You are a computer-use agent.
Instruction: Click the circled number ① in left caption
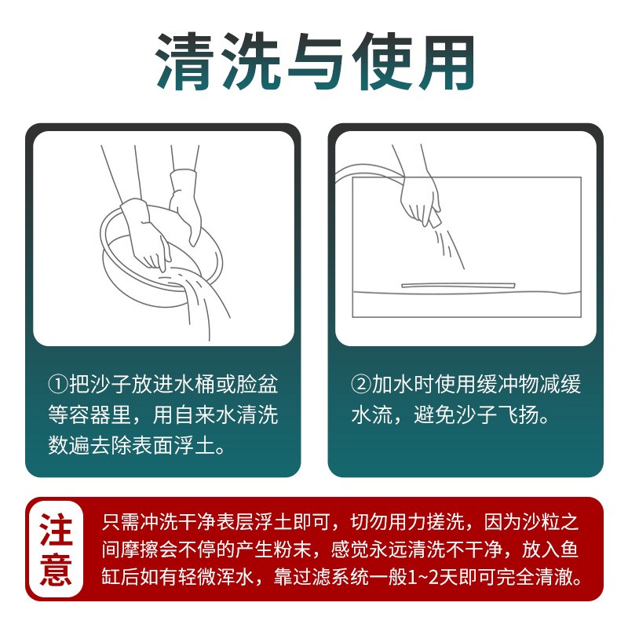click(x=57, y=385)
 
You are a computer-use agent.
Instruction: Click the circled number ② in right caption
click(x=360, y=385)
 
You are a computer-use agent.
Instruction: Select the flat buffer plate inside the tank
click(x=459, y=285)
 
